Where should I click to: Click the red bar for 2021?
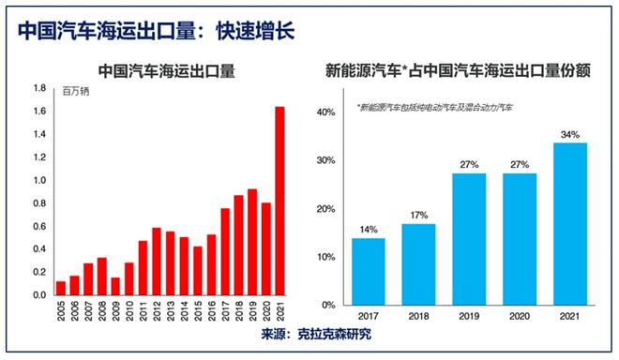click(x=279, y=201)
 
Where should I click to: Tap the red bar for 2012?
click(x=157, y=262)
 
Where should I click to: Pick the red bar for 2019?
click(x=252, y=242)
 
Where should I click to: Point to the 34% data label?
click(x=569, y=134)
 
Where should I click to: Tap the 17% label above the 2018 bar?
click(x=419, y=216)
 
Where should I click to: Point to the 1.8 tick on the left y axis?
click(x=39, y=88)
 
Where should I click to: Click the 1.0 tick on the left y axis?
click(x=39, y=180)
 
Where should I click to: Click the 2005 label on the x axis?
click(x=61, y=313)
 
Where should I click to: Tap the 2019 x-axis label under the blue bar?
click(x=469, y=317)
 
